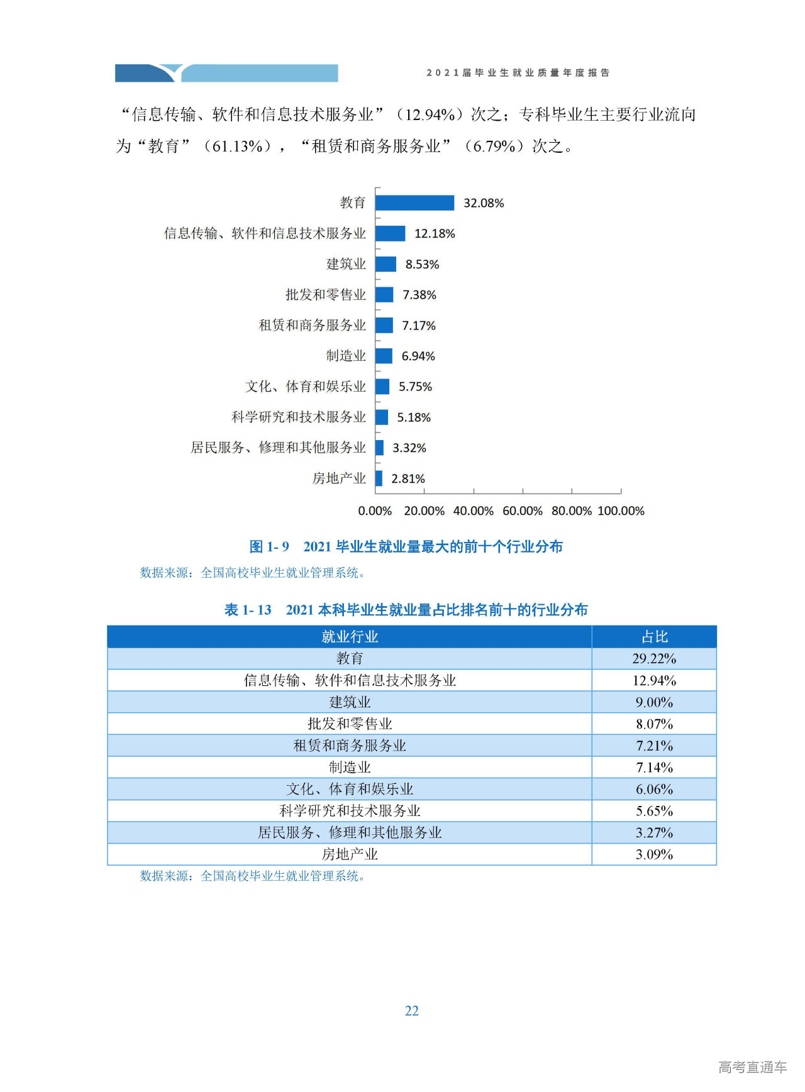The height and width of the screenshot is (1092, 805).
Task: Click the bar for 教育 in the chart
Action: pos(414,202)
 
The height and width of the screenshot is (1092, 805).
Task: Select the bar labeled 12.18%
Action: pos(391,233)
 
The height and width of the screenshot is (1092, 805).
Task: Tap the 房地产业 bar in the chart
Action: pos(379,478)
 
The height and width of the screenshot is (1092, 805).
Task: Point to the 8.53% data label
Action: pos(422,264)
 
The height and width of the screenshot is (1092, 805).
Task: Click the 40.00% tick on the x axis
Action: pos(473,510)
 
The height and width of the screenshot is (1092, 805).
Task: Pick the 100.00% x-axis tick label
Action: pos(621,510)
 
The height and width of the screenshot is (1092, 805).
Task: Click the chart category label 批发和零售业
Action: pos(325,294)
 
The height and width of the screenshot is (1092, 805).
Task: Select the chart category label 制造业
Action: pos(345,356)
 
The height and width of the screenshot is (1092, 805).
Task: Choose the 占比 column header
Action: pos(654,637)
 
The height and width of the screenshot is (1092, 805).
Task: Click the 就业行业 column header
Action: pos(350,637)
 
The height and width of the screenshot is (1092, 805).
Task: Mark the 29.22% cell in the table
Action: pos(654,658)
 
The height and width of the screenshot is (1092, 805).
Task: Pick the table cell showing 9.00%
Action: pos(654,702)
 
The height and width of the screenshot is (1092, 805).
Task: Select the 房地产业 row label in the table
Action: pos(350,854)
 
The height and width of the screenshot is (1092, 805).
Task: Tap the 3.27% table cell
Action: pos(654,832)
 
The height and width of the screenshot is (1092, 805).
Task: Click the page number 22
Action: pos(412,1010)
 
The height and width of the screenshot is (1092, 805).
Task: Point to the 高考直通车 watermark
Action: pos(752,1066)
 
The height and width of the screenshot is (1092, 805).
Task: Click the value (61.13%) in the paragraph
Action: pos(238,146)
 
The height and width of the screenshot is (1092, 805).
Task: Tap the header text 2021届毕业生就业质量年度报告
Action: pos(518,73)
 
